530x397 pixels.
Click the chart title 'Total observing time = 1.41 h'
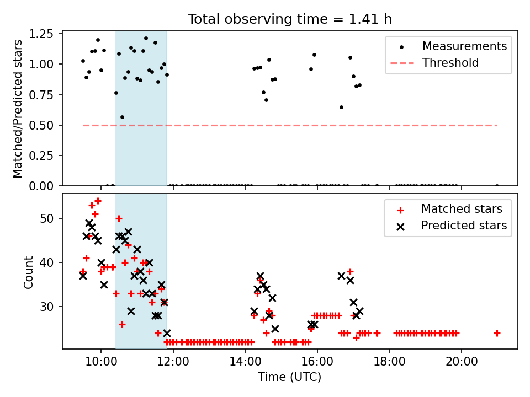click(290, 19)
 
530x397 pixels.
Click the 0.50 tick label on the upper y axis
click(41, 125)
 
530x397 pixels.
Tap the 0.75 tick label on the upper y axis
click(41, 95)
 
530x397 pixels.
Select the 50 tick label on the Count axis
click(46, 218)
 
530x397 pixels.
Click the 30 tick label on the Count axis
click(46, 307)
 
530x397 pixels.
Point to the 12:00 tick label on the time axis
click(173, 362)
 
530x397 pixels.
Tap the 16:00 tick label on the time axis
click(317, 362)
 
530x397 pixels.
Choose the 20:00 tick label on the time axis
click(462, 362)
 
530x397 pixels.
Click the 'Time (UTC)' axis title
click(290, 377)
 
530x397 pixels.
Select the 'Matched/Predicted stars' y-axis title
click(17, 109)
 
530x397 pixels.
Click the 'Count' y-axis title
click(28, 272)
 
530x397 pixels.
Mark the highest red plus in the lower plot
click(98, 201)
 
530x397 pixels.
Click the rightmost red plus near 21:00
click(497, 334)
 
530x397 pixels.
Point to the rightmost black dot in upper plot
click(497, 186)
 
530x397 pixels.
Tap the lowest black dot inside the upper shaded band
click(123, 117)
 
